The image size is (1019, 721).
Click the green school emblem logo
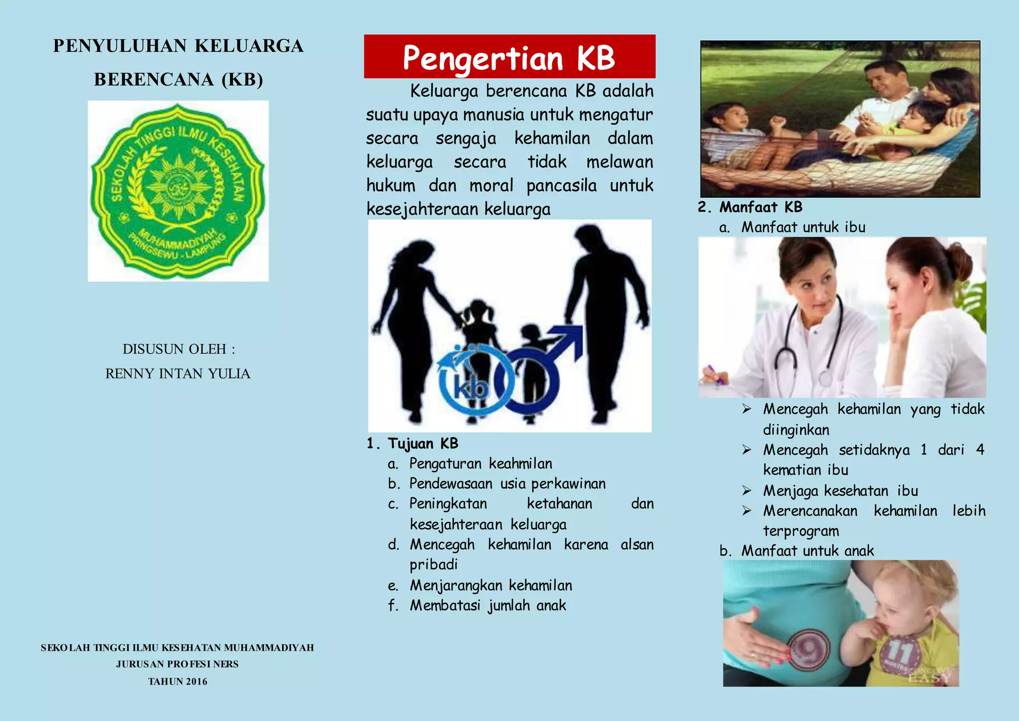coord(178,191)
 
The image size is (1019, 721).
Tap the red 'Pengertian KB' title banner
coord(509,57)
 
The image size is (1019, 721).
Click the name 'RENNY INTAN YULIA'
coord(178,373)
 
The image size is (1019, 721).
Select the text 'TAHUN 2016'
coord(178,681)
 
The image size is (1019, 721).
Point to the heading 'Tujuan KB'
coord(423,443)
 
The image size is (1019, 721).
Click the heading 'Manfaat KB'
coord(761,207)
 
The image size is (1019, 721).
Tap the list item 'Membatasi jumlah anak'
coord(488,605)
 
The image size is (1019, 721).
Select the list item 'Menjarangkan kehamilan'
coord(491,585)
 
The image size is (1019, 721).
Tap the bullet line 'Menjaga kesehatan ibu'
coord(840,491)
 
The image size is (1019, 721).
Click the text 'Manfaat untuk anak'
coord(807,551)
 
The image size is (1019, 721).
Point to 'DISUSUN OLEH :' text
coord(179,349)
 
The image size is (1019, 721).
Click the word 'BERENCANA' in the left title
coord(154,80)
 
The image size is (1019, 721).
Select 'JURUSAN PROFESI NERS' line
coord(178,664)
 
